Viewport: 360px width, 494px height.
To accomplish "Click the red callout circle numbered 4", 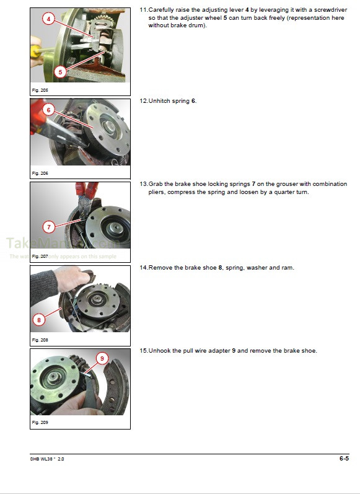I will [x=49, y=19].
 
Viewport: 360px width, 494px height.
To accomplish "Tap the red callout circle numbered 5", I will [x=59, y=71].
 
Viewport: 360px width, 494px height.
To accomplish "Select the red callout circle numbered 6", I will [x=48, y=110].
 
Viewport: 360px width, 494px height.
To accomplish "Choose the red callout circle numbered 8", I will [x=39, y=320].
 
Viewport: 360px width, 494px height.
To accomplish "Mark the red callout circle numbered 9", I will [x=102, y=358].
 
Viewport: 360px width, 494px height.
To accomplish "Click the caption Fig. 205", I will [x=40, y=90].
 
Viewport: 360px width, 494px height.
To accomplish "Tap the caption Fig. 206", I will [x=40, y=173].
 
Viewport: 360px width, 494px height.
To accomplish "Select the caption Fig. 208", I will [x=40, y=340].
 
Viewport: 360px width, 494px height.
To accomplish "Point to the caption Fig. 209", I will [x=40, y=423].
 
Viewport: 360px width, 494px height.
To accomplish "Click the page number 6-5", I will [x=344, y=459].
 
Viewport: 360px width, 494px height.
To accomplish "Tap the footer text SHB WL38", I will [x=42, y=460].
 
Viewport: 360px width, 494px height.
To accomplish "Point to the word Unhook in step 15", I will [x=160, y=351].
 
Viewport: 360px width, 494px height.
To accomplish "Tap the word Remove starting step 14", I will [x=160, y=267].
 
